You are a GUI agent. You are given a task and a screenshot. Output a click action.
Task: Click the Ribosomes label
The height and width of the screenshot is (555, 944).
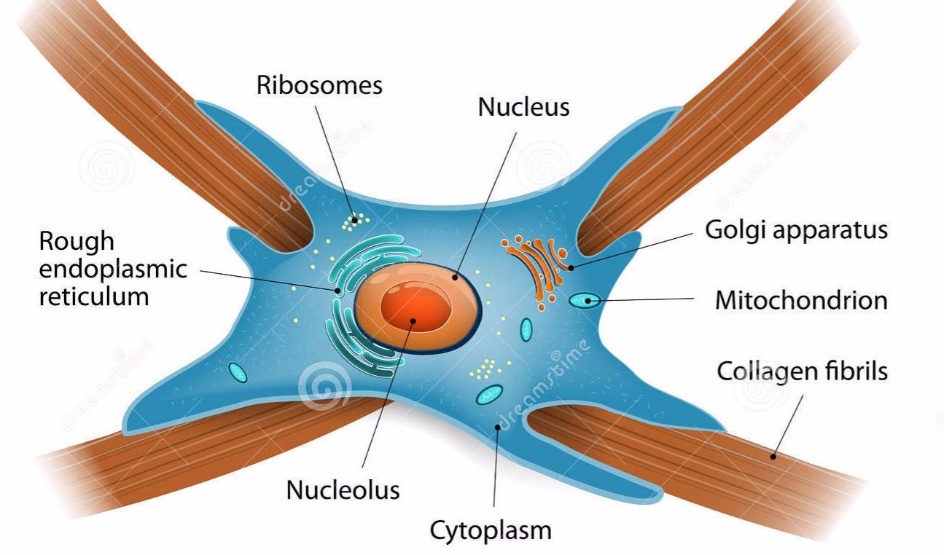(x=319, y=84)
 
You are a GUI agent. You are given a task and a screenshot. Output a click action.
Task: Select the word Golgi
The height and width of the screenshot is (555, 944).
(x=733, y=230)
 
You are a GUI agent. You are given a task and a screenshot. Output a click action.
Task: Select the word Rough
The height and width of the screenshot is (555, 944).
(x=77, y=241)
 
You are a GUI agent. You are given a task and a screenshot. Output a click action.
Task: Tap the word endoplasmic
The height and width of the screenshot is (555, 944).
(x=113, y=269)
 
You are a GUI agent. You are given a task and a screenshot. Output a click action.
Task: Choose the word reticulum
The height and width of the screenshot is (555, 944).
(x=94, y=296)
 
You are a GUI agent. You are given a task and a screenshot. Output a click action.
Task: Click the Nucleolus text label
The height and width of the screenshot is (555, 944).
(x=343, y=489)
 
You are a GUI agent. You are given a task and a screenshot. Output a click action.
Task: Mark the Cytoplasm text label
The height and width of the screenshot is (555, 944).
(x=491, y=530)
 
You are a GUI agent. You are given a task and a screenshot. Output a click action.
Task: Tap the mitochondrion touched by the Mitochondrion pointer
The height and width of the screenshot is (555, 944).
(x=585, y=299)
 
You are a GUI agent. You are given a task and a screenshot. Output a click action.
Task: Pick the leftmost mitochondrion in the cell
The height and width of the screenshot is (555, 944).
(x=238, y=372)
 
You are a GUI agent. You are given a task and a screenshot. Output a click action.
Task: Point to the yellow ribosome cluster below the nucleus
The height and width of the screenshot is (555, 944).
(x=481, y=369)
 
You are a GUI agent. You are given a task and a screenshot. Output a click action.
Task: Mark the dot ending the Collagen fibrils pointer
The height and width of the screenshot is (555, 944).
(x=773, y=456)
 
